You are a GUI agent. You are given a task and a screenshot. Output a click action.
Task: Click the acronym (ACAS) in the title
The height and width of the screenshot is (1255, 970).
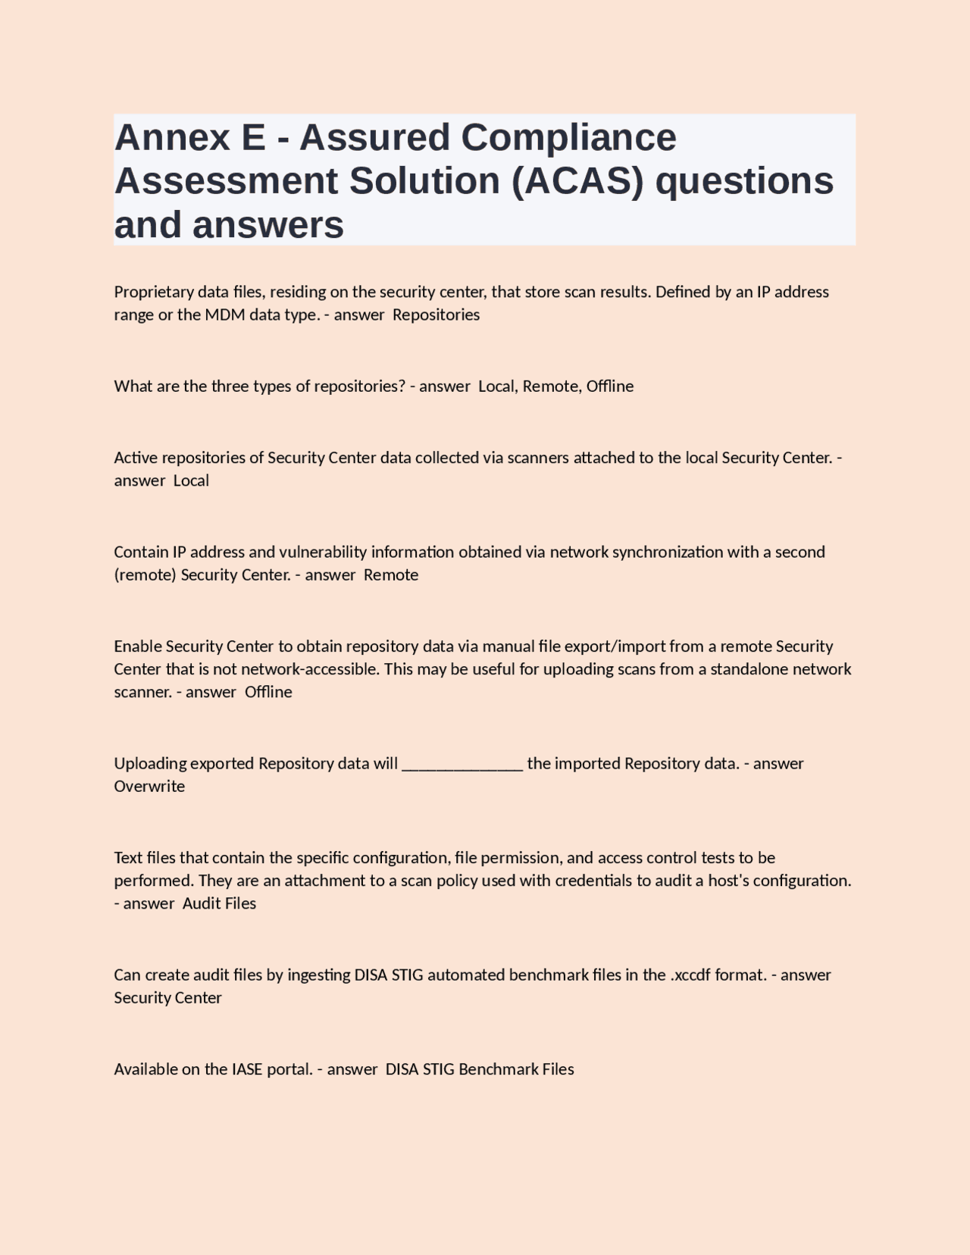[x=577, y=181]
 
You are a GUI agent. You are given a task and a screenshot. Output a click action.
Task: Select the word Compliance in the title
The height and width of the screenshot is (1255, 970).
[x=568, y=138]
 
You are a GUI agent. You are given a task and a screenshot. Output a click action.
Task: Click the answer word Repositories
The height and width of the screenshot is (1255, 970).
[x=436, y=315]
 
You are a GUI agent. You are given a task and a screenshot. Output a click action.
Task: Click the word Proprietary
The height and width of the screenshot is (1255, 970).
[x=154, y=292]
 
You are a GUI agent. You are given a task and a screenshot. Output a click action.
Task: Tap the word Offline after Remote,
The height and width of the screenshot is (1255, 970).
[x=610, y=386]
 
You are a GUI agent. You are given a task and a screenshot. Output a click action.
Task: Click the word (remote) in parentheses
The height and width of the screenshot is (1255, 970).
[x=145, y=574]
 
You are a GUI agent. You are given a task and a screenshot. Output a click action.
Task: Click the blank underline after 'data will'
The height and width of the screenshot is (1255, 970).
[x=462, y=763]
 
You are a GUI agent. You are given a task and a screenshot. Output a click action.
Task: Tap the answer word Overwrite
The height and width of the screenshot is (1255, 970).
[x=149, y=786]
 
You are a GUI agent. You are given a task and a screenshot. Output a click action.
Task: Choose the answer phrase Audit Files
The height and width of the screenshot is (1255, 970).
[x=220, y=903]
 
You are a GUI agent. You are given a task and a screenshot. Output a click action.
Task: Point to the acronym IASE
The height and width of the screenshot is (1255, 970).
[x=247, y=1069]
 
